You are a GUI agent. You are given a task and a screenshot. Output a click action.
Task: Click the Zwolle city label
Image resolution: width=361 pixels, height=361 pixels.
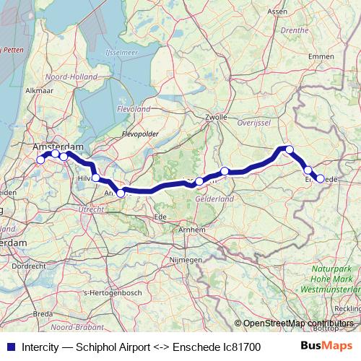[216, 116]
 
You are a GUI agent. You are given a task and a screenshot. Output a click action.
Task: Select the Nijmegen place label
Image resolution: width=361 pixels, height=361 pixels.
[185, 258]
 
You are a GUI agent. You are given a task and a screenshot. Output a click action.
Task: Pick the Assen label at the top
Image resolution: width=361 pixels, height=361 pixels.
[277, 12]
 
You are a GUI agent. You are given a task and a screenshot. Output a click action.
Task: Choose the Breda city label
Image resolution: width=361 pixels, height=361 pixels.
[43, 314]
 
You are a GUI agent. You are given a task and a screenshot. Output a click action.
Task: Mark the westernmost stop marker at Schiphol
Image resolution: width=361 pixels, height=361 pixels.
[40, 160]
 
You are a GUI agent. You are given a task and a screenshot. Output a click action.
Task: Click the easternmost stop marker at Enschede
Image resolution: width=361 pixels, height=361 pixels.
[320, 178]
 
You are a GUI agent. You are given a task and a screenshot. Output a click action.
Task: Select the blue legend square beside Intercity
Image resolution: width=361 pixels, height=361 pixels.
[9, 346]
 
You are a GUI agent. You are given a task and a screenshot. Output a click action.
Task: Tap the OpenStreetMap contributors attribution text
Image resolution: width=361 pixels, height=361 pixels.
[298, 323]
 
